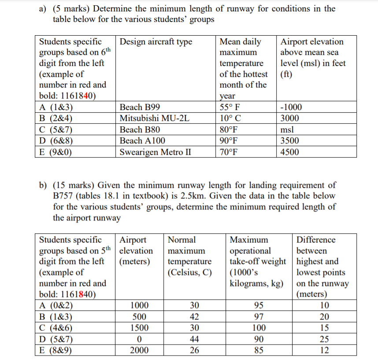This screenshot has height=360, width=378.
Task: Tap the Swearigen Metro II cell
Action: point(155,152)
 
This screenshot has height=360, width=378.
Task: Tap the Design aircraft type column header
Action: point(156,42)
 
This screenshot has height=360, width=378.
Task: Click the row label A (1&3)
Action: point(56,107)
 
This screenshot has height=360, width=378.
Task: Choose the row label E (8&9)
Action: point(56,350)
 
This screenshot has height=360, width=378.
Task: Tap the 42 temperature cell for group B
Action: point(194,317)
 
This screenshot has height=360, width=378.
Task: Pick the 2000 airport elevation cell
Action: point(139,350)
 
